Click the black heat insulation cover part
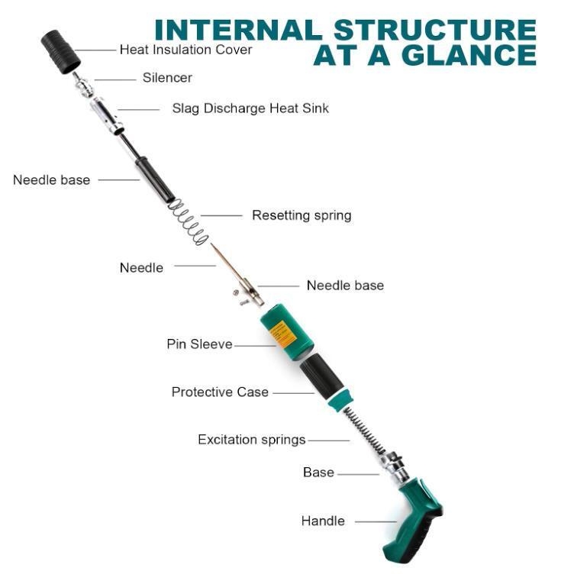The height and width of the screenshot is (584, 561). pyautogui.click(x=60, y=52)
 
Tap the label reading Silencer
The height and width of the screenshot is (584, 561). pyautogui.click(x=167, y=77)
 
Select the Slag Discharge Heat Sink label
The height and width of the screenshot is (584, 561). pyautogui.click(x=250, y=108)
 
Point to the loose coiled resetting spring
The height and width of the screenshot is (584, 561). pyautogui.click(x=188, y=222)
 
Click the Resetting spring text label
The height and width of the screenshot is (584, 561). pyautogui.click(x=301, y=215)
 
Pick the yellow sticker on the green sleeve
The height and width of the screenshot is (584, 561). pyautogui.click(x=283, y=334)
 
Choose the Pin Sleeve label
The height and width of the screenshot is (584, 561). pyautogui.click(x=199, y=344)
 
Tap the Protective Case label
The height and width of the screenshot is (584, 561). pyautogui.click(x=220, y=392)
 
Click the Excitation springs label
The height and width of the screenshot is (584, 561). pyautogui.click(x=252, y=440)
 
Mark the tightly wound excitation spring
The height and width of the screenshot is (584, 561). pyautogui.click(x=364, y=431)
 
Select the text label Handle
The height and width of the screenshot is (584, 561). pyautogui.click(x=323, y=521)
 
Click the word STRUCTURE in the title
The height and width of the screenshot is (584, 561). pyautogui.click(x=435, y=30)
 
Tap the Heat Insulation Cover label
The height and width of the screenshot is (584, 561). pyautogui.click(x=185, y=50)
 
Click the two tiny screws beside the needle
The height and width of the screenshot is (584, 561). pyautogui.click(x=240, y=298)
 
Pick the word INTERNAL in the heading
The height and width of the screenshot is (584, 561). pyautogui.click(x=238, y=30)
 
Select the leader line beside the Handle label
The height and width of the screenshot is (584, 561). pyautogui.click(x=376, y=521)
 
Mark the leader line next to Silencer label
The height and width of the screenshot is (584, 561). pyautogui.click(x=115, y=79)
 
